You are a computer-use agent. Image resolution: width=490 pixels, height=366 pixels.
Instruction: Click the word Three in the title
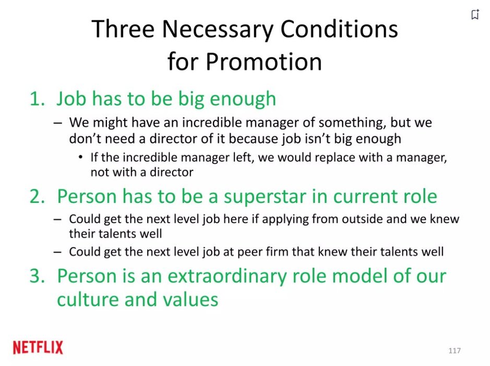(123, 29)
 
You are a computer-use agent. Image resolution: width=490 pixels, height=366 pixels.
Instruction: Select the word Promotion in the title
(264, 61)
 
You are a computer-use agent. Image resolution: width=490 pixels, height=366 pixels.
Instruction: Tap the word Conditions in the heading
(339, 29)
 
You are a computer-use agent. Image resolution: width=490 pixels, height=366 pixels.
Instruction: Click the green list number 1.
(37, 99)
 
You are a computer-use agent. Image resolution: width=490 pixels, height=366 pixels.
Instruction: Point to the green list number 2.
(38, 197)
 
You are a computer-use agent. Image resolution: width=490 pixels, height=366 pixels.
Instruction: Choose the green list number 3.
(38, 276)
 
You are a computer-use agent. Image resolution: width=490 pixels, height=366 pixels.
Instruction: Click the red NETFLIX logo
(38, 348)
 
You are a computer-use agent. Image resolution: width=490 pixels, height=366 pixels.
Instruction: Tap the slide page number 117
(455, 351)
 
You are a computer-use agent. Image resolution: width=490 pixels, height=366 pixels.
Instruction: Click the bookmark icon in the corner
(475, 14)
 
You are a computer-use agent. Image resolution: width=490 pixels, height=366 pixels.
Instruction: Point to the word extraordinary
(227, 277)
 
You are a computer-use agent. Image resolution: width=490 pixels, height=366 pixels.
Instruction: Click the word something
(352, 122)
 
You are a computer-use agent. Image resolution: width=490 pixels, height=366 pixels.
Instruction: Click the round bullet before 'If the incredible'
(81, 157)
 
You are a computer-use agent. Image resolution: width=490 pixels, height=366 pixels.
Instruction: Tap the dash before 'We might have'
(57, 123)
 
